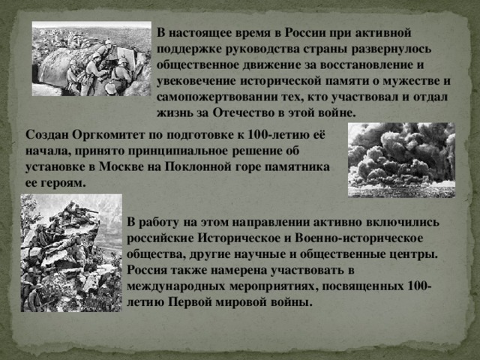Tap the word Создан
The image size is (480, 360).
click(x=46, y=135)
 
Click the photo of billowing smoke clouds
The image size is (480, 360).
click(x=401, y=160)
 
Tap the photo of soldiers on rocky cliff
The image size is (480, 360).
click(x=71, y=253)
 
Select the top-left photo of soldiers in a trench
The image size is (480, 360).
click(x=91, y=58)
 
